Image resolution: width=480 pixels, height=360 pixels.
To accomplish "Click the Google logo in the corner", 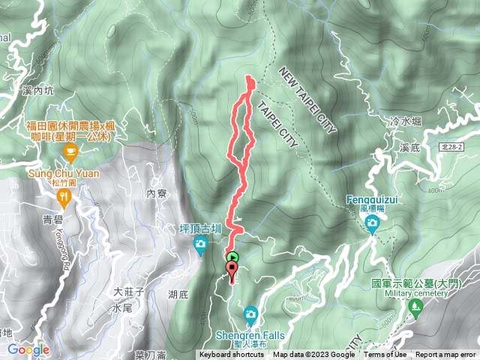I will click(x=28, y=349).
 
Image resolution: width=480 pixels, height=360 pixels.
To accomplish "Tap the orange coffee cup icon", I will click(x=70, y=155).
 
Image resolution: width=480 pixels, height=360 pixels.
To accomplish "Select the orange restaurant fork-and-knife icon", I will click(x=64, y=198).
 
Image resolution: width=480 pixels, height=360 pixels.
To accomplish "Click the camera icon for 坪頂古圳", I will click(x=200, y=244).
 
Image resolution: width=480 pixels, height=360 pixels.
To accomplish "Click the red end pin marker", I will click(x=232, y=271).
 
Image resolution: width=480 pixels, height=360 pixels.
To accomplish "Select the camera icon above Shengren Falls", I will click(x=251, y=313).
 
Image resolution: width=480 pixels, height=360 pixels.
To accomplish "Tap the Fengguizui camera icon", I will click(x=373, y=223).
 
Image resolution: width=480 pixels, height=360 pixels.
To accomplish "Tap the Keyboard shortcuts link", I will click(x=232, y=355).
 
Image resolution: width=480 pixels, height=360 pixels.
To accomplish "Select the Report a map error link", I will click(x=446, y=355).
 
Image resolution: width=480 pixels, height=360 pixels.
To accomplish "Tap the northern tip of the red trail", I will click(x=249, y=78).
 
